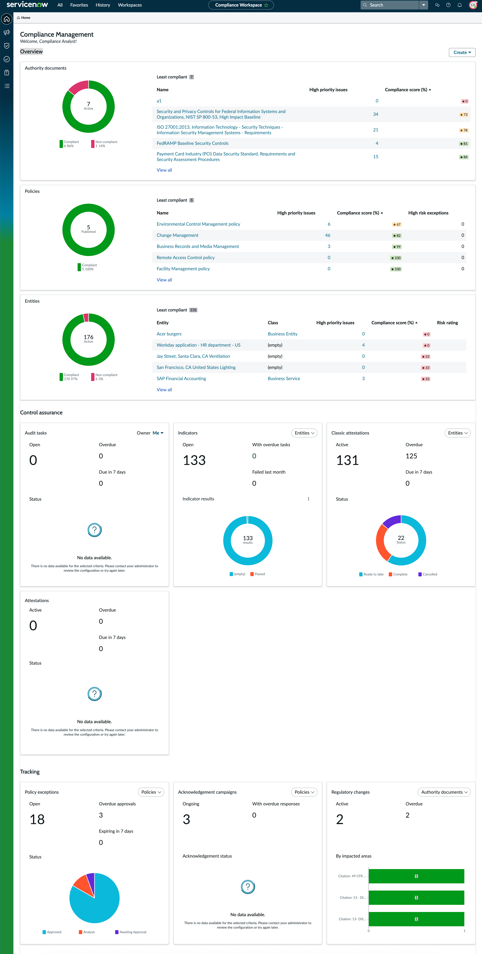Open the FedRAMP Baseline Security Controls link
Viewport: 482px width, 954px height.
click(x=192, y=143)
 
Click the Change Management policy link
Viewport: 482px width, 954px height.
click(x=178, y=235)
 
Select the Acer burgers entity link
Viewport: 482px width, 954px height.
click(x=169, y=334)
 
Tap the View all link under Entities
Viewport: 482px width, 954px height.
click(x=164, y=390)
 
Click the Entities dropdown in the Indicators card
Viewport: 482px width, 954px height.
click(x=304, y=433)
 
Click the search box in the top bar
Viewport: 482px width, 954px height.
click(x=390, y=5)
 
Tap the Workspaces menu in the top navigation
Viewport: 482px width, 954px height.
click(x=130, y=5)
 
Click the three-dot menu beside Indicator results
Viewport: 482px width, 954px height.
click(x=308, y=499)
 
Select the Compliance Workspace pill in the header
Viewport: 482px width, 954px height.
click(x=241, y=5)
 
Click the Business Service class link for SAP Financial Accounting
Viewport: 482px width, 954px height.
click(x=284, y=379)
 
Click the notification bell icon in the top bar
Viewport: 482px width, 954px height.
click(x=459, y=5)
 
